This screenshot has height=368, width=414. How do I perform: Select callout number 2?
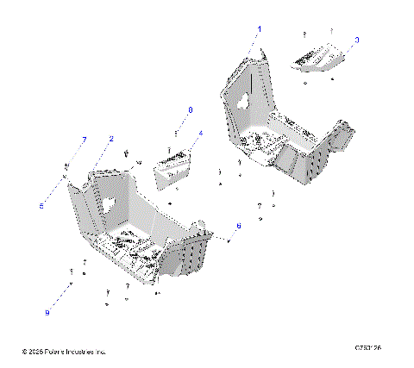(x=110, y=139)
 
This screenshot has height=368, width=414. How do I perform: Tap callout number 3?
(x=357, y=40)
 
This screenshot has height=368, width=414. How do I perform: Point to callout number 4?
(x=201, y=134)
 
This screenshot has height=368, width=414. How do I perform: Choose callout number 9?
(x=47, y=312)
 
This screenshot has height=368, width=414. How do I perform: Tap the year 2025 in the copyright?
(x=35, y=352)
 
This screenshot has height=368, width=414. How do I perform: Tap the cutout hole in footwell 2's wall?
(x=112, y=207)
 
